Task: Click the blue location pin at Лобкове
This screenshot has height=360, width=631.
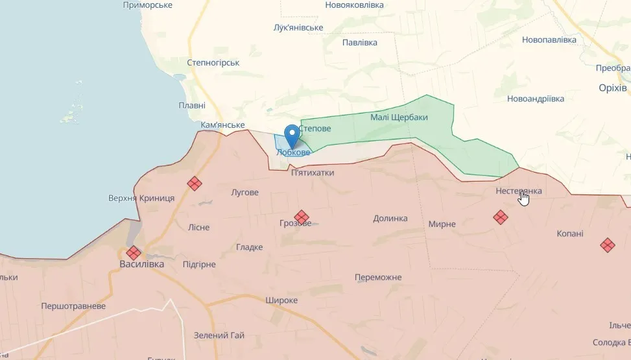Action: (292, 135)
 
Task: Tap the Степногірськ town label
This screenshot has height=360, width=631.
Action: (213, 63)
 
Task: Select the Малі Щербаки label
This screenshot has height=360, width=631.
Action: (399, 117)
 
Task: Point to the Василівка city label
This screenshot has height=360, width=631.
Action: (141, 264)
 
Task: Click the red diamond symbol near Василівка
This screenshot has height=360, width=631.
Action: (134, 252)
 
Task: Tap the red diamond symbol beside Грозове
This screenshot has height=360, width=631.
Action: (301, 217)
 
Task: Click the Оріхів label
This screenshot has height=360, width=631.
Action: (612, 88)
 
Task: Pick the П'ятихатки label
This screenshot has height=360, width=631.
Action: (313, 173)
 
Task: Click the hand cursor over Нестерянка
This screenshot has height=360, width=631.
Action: (524, 198)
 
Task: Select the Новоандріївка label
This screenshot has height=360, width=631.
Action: (536, 99)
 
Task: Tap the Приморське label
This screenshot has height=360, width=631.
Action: (148, 5)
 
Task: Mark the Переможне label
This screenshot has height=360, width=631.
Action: (378, 278)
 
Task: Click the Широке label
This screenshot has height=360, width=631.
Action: (281, 300)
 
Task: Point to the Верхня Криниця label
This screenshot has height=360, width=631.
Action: (141, 198)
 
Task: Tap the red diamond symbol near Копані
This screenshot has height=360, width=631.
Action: (607, 245)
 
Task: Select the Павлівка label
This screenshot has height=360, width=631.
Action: (359, 42)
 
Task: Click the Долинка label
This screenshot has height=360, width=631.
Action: (390, 219)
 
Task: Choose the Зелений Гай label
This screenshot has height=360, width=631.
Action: (219, 335)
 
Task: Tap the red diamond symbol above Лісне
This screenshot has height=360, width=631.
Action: (195, 184)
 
